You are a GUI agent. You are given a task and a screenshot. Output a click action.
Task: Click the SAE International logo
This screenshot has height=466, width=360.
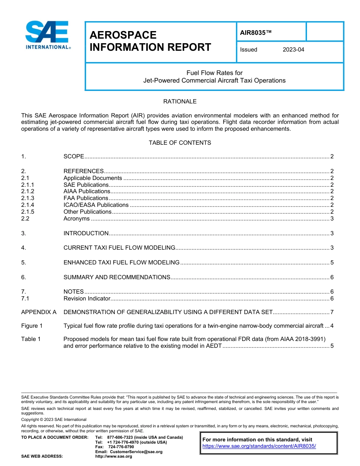click(47, 35)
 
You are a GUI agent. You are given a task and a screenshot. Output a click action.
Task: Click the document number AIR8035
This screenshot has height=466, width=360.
click(256, 33)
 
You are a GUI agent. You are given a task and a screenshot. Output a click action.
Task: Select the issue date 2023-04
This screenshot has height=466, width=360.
click(293, 50)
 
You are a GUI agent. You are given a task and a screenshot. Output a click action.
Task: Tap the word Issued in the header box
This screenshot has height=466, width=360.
click(249, 50)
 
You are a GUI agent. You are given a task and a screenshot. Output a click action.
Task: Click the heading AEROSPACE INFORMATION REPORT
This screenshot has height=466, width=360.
click(150, 41)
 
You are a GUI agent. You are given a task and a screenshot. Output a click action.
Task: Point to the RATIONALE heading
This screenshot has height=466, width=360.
click(180, 102)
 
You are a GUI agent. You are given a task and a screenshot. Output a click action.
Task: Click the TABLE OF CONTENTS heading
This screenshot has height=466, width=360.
click(180, 143)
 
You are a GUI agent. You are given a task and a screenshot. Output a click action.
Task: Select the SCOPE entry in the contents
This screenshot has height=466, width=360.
click(74, 156)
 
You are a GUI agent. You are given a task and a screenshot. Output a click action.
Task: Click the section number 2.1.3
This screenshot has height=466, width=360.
click(28, 198)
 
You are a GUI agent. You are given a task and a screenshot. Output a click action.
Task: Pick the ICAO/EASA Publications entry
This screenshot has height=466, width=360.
click(96, 205)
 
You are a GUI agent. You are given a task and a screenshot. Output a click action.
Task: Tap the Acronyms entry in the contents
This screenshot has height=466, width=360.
click(77, 219)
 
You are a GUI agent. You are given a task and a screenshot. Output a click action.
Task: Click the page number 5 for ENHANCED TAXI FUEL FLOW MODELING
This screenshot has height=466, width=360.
click(332, 263)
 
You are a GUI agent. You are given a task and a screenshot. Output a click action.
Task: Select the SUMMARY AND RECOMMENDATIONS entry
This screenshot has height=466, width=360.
click(117, 277)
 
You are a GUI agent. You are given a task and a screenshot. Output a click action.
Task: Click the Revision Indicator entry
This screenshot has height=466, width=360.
click(86, 299)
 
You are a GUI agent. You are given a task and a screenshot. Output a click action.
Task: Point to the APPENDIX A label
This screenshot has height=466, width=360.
click(39, 313)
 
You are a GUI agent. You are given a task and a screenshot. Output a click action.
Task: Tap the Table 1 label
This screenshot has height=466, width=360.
click(31, 339)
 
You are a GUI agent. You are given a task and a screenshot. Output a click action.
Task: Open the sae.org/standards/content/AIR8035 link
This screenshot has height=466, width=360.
click(259, 446)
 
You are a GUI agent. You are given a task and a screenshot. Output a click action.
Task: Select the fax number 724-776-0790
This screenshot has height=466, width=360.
click(121, 447)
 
